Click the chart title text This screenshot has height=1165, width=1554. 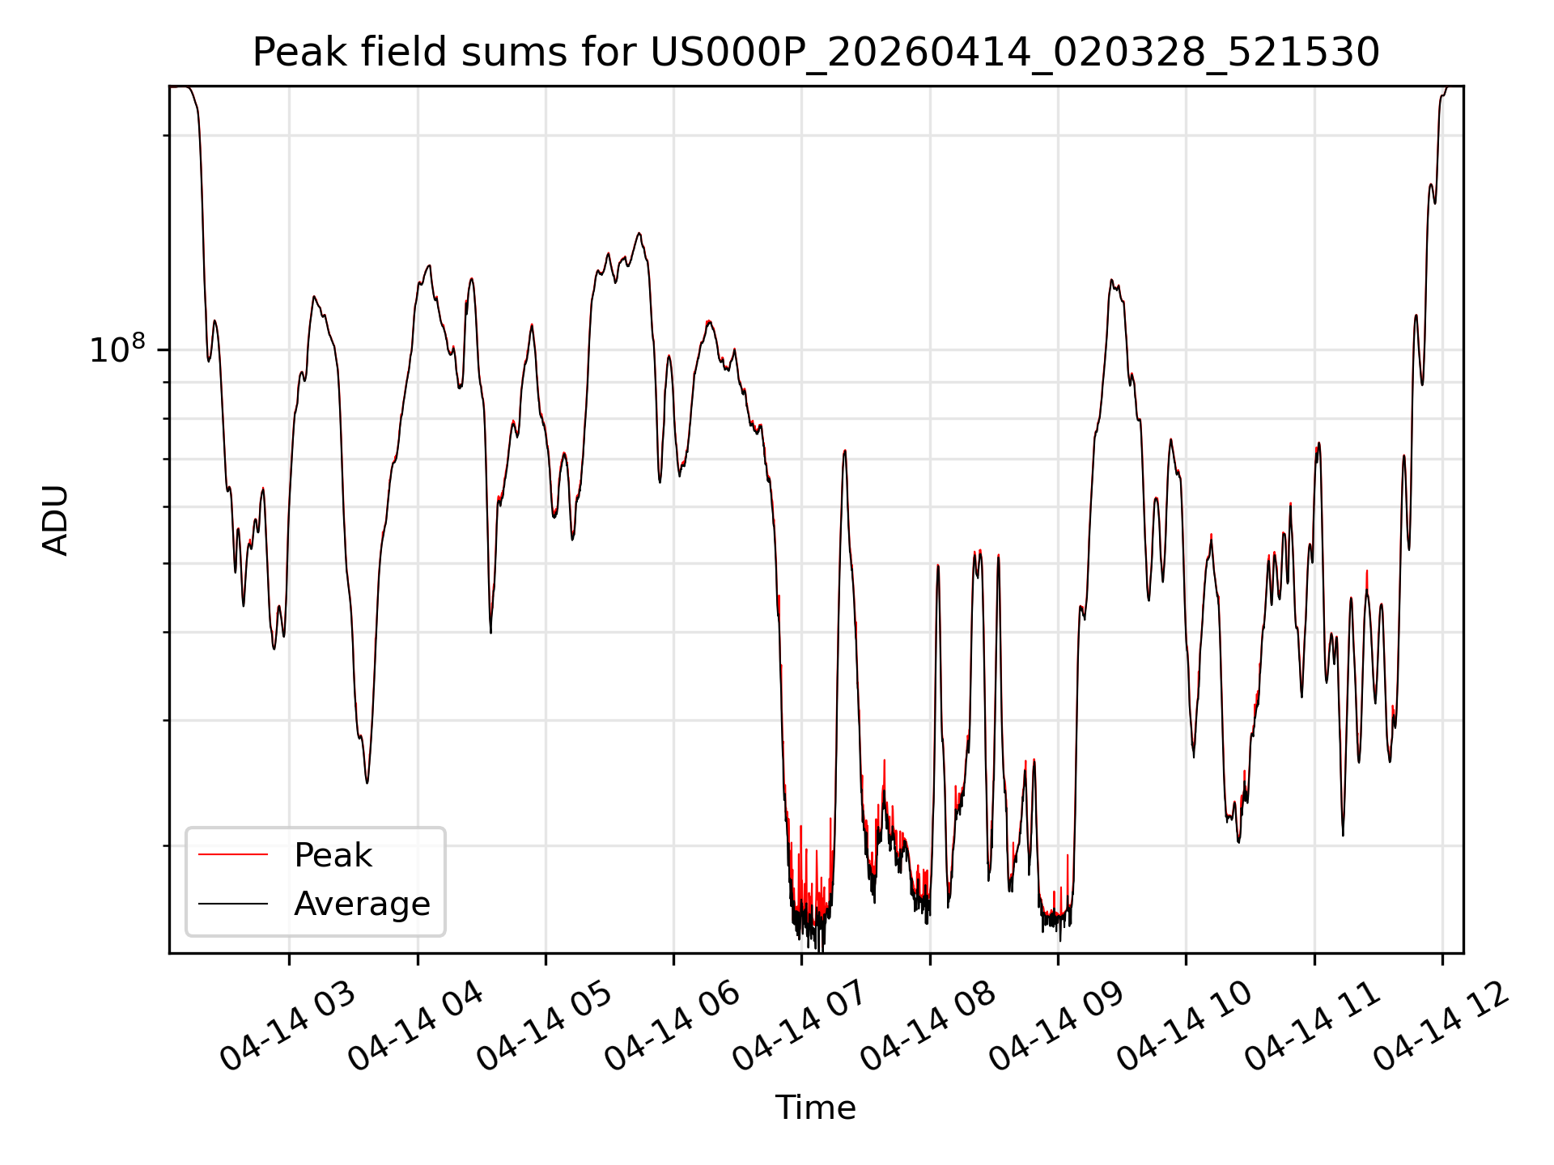pos(816,53)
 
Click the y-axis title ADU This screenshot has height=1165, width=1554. pos(56,520)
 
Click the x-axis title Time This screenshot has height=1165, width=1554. pos(816,1108)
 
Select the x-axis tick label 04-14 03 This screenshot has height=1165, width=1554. pos(288,1027)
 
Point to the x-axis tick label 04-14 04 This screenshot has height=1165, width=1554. pos(416,1027)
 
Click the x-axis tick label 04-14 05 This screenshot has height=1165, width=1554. pos(544,1027)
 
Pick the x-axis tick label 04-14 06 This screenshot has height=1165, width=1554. pos(673,1027)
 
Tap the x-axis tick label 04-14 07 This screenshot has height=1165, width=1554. pos(800,1027)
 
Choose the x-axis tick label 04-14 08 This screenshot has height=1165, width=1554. pos(928,1027)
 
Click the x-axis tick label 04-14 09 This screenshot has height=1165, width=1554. pos(1057,1027)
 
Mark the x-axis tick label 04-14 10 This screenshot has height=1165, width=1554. pos(1185,1027)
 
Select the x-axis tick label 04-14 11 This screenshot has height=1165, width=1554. pos(1313,1027)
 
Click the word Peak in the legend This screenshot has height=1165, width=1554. pos(333,855)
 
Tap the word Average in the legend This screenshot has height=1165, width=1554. pos(362,904)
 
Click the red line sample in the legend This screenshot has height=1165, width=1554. pos(233,854)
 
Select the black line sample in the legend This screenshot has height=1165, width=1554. pos(233,903)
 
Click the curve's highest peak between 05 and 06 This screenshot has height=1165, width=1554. pos(639,233)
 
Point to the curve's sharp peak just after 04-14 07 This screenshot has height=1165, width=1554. pos(844,451)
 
